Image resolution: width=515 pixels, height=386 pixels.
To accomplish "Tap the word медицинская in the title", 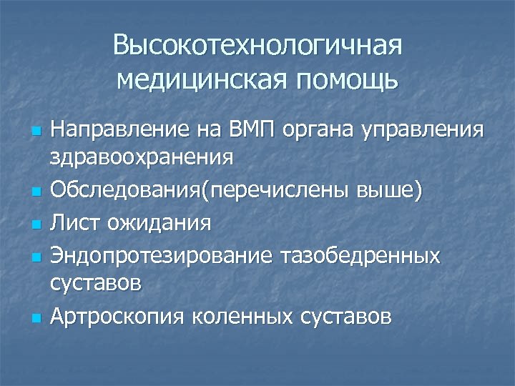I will [x=202, y=81].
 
